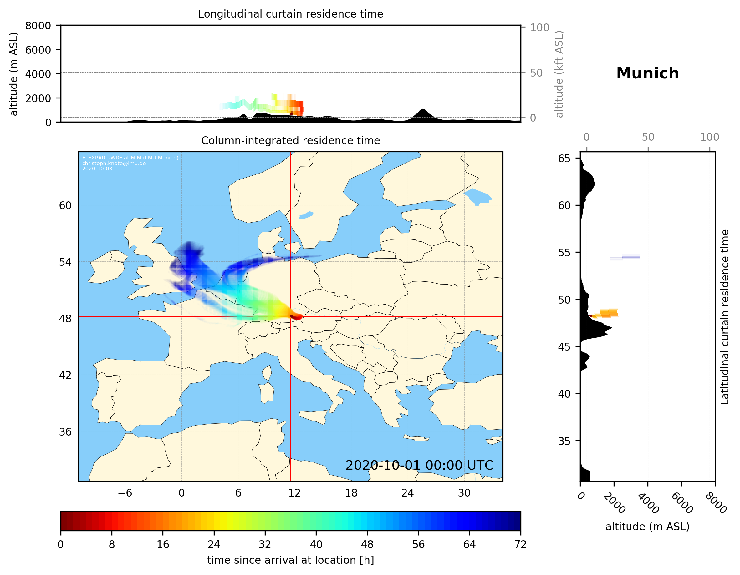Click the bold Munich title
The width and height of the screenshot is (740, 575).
pos(647,73)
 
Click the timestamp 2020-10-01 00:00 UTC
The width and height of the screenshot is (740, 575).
pos(419,465)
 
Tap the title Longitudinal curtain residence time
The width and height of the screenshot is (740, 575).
pos(290,14)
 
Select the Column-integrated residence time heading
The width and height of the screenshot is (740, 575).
pos(290,140)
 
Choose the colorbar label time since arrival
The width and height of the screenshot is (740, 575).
pos(290,560)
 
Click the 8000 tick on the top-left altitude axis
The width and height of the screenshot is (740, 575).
pos(38,26)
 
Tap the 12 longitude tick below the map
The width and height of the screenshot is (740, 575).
pos(294,493)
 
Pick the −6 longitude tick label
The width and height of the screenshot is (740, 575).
pos(125,493)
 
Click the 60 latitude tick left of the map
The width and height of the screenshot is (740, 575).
pos(65,205)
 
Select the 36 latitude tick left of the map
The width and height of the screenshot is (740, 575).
pos(65,432)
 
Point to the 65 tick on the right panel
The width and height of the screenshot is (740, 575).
pos(564,159)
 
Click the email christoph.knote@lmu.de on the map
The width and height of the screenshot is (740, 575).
pos(114,163)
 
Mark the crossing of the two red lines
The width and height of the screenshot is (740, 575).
pos(291,317)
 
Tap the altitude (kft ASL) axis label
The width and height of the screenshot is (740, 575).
pos(559,74)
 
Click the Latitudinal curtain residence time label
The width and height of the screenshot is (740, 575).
pos(725,317)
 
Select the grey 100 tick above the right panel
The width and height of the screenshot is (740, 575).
pos(710,137)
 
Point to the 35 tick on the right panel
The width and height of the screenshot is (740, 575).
pos(564,441)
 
